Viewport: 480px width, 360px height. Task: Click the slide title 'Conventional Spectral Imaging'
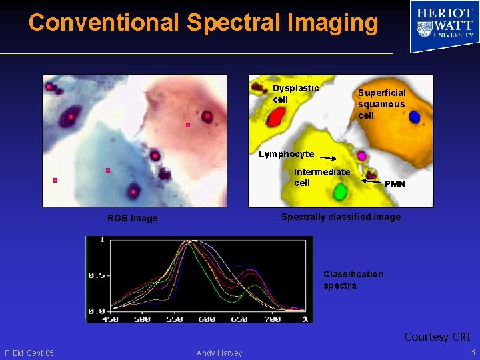click(203, 23)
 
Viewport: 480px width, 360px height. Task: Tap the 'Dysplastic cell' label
click(295, 94)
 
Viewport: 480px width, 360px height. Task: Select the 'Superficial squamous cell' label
click(381, 104)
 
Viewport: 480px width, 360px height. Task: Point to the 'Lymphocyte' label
click(286, 155)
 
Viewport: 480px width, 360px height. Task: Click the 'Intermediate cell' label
click(321, 177)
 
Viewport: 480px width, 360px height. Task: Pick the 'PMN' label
click(395, 184)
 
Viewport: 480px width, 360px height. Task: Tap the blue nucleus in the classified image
click(414, 117)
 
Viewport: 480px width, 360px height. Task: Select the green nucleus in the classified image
click(341, 193)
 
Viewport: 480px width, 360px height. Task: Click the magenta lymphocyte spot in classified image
click(361, 156)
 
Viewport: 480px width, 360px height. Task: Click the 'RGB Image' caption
click(133, 218)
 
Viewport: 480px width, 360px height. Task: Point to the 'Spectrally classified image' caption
click(341, 217)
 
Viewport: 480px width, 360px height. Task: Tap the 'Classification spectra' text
click(353, 280)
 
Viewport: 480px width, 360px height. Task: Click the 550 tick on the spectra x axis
click(174, 319)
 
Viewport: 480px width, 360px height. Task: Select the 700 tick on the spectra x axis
click(272, 319)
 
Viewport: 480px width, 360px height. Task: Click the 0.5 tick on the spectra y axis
click(97, 275)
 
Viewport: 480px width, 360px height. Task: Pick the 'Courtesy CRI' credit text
click(437, 337)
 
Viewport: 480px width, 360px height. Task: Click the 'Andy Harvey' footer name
click(219, 353)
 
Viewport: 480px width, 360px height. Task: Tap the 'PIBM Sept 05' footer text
click(29, 353)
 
